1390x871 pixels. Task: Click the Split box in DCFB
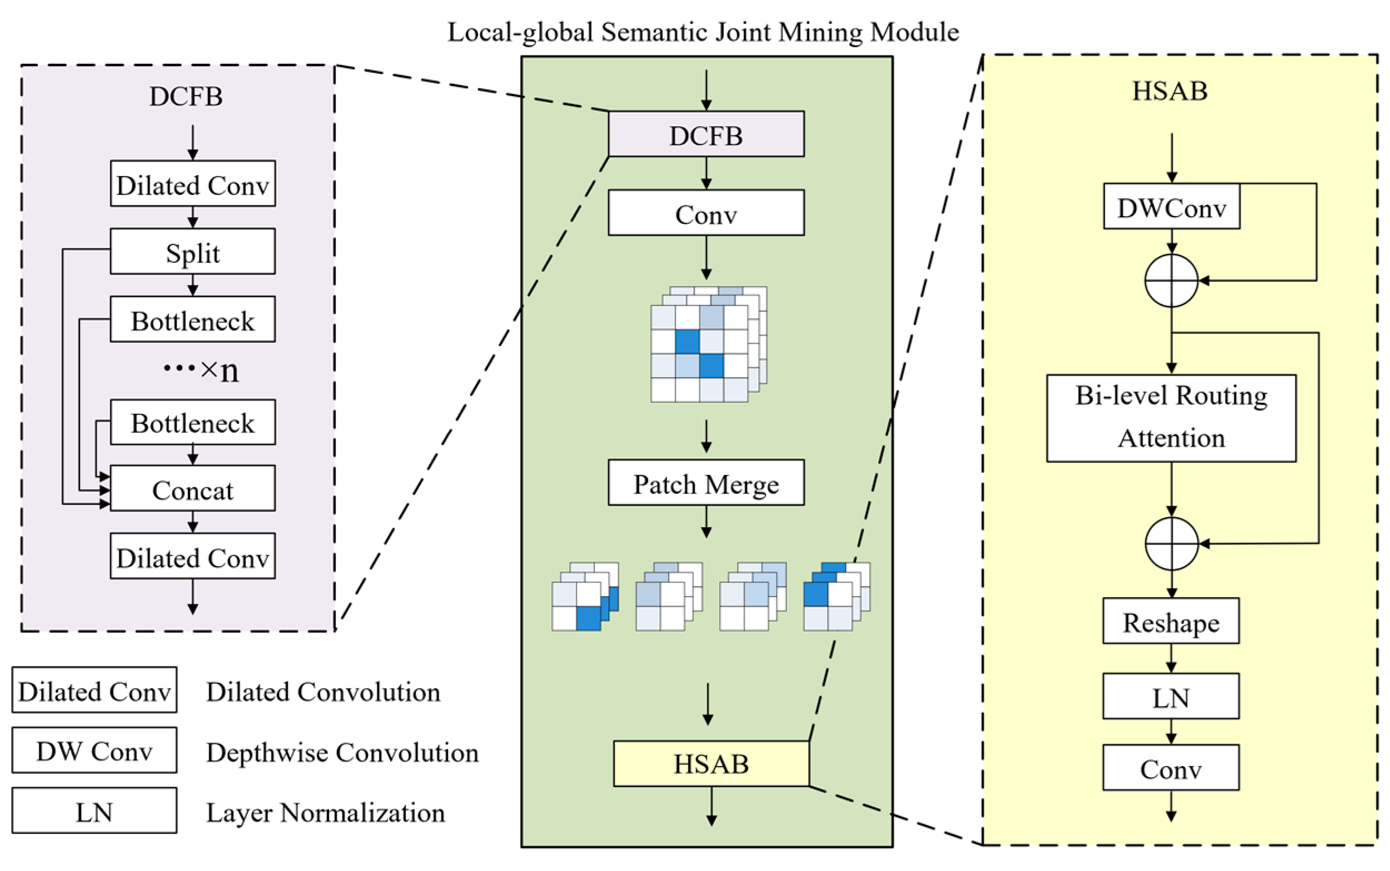[192, 252]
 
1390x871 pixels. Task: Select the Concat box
[192, 488]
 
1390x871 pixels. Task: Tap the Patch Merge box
[706, 483]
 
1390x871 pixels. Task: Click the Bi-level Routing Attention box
[1171, 418]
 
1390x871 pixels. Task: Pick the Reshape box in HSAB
[1170, 621]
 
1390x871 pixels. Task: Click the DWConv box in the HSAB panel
[1171, 207]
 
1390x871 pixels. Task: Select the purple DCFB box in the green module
[706, 134]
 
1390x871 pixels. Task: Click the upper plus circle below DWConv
[1171, 281]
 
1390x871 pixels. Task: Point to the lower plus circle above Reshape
[1171, 543]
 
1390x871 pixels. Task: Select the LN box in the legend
[94, 810]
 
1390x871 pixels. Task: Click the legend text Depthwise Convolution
[342, 752]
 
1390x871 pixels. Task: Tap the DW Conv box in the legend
[94, 750]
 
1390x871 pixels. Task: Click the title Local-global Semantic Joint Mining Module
[703, 32]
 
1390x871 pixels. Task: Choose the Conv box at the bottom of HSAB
[1170, 768]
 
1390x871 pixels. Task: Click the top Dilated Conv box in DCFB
[192, 184]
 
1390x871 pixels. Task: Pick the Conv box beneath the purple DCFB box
[706, 213]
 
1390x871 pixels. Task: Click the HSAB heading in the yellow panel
[1170, 91]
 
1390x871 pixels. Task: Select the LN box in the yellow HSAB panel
[1170, 696]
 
